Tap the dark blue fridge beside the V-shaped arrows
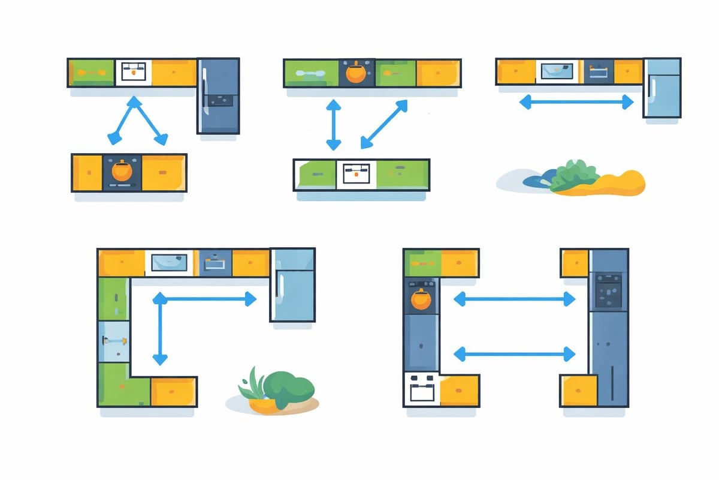218,95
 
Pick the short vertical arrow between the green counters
333,125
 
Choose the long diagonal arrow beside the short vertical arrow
384,124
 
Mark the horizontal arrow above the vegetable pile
576,103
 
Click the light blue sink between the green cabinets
114,341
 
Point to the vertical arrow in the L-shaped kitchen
160,329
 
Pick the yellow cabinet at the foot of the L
173,392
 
